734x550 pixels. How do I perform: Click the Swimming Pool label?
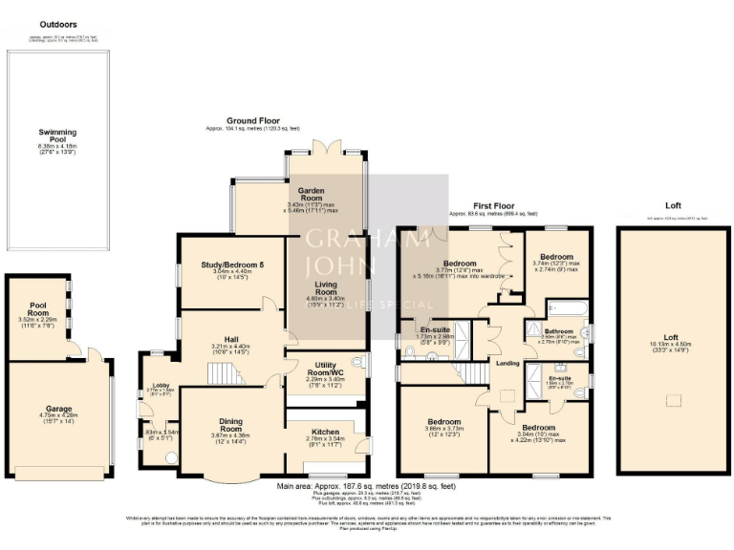point(57,137)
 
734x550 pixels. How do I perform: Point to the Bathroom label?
point(559,331)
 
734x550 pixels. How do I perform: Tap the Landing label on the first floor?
point(507,363)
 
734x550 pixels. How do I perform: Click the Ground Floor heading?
point(252,121)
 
